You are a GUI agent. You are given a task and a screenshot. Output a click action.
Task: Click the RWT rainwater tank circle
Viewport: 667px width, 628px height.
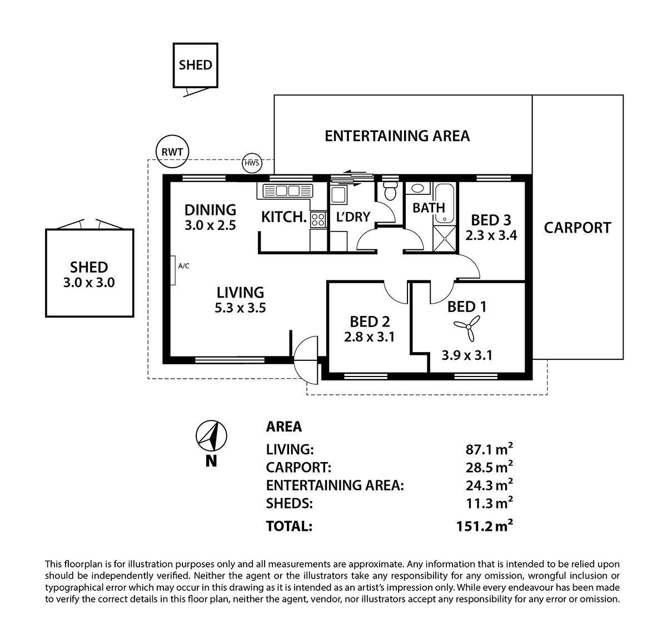pos(172,151)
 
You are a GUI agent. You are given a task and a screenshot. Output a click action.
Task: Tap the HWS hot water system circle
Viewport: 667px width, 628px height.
pos(251,163)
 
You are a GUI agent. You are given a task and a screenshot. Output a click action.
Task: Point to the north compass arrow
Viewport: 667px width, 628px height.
pos(211,436)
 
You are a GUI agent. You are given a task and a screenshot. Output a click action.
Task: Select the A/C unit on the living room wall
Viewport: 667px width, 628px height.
pos(174,271)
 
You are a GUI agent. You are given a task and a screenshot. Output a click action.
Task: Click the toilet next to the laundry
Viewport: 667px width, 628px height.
pos(390,191)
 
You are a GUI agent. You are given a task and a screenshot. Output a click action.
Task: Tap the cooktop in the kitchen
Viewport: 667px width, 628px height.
pos(318,219)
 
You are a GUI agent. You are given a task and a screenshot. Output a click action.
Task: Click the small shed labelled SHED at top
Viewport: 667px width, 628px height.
pos(195,66)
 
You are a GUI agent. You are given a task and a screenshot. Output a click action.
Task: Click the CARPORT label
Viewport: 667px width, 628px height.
pos(577,228)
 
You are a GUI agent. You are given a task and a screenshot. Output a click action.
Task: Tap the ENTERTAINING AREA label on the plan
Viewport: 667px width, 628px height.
pos(397,136)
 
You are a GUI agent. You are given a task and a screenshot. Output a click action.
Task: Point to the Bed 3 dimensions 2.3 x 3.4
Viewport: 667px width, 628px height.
pos(491,235)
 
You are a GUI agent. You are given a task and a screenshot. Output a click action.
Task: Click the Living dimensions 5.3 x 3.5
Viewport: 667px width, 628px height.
pos(240,307)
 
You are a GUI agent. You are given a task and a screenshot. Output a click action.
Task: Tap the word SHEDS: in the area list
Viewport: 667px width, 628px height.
pos(289,504)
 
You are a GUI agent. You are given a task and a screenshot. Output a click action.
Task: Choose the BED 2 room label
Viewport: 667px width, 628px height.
pos(370,321)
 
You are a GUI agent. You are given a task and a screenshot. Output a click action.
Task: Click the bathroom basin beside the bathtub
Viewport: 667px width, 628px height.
pos(417,189)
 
